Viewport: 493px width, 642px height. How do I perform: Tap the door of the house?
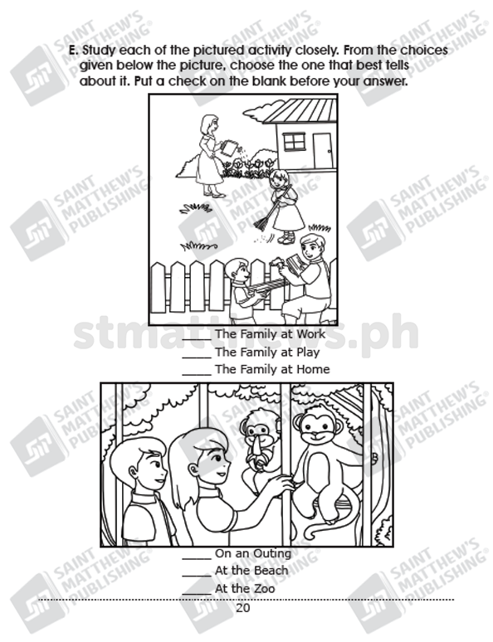pyautogui.click(x=323, y=150)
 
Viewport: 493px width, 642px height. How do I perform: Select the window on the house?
pyautogui.click(x=295, y=142)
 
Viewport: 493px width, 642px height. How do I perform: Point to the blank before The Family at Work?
pyautogui.click(x=197, y=339)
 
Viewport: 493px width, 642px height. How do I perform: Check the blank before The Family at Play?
pyautogui.click(x=197, y=357)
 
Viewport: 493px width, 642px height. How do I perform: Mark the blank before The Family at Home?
pyautogui.click(x=197, y=374)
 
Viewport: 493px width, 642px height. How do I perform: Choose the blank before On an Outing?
pyautogui.click(x=197, y=558)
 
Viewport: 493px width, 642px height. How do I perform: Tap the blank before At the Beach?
pyautogui.click(x=197, y=576)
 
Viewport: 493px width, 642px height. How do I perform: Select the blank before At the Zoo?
pyautogui.click(x=197, y=594)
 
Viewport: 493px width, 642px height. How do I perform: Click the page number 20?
pyautogui.click(x=242, y=608)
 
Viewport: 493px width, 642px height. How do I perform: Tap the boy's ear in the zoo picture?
pyautogui.click(x=133, y=474)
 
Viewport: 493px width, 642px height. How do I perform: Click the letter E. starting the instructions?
pyautogui.click(x=73, y=51)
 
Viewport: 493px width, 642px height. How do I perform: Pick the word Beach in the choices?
pyautogui.click(x=269, y=571)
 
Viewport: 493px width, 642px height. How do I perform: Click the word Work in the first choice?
pyautogui.click(x=310, y=333)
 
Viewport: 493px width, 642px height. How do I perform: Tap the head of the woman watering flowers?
pyautogui.click(x=209, y=124)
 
